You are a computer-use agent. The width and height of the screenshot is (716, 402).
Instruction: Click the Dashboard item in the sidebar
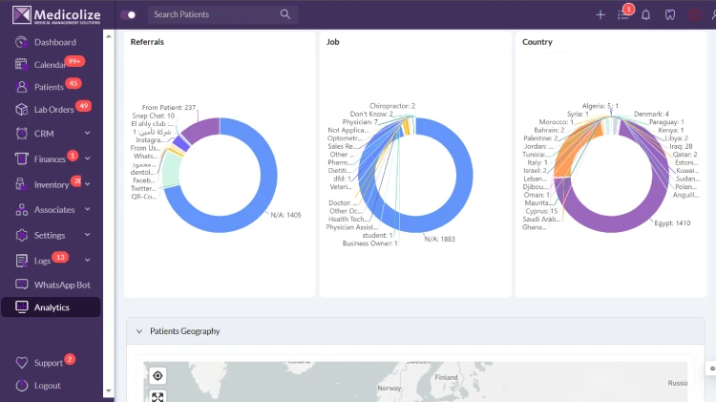tap(54, 42)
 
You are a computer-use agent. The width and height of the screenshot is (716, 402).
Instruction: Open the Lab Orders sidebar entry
tap(53, 109)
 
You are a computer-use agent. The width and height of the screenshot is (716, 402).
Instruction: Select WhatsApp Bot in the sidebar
tap(61, 285)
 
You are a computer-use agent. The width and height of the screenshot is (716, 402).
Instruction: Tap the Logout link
tap(47, 386)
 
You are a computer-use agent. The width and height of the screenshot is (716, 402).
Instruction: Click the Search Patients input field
tap(215, 14)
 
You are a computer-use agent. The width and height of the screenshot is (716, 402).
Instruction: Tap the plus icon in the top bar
tap(600, 14)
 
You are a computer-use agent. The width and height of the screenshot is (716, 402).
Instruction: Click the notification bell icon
tap(646, 14)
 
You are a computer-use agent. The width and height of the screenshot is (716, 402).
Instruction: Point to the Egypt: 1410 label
tap(672, 222)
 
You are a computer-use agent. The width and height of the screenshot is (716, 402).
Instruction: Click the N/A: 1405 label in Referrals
tap(285, 216)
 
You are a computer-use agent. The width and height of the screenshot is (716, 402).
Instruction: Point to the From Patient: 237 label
tap(169, 107)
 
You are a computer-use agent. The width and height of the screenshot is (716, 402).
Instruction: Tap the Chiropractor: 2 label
tap(392, 106)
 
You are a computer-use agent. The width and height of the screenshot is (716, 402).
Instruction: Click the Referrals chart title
tap(146, 42)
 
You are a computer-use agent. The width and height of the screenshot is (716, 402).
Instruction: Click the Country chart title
tap(537, 42)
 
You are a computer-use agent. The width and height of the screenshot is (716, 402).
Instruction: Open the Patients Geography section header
tap(184, 331)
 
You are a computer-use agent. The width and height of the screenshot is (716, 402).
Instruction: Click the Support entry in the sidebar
tap(48, 363)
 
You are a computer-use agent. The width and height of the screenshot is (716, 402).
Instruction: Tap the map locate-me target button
tap(158, 375)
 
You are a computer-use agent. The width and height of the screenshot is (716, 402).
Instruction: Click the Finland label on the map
tap(447, 377)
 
